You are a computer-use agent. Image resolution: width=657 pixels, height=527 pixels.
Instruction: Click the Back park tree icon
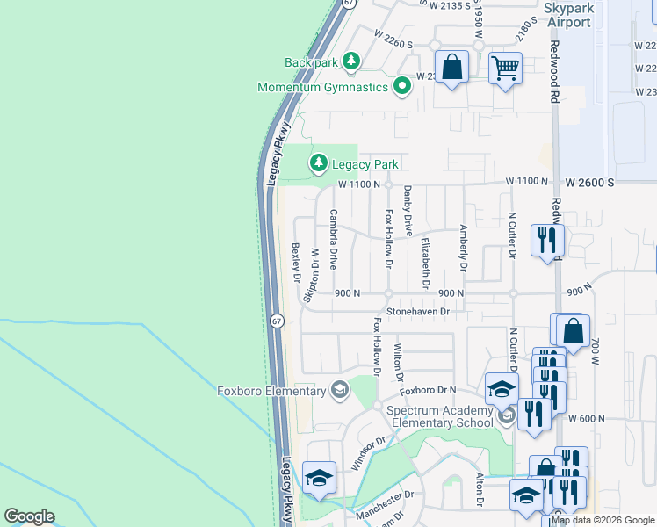[x=351, y=61]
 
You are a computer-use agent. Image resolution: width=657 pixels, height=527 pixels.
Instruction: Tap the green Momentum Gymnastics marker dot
[x=402, y=86]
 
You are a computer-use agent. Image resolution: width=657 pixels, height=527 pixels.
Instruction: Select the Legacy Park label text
[x=365, y=164]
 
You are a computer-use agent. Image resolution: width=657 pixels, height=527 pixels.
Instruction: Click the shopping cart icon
[x=505, y=67]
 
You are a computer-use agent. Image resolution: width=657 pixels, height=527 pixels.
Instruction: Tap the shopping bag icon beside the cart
[x=451, y=66]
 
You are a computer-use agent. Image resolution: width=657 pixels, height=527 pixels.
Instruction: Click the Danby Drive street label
[x=408, y=211]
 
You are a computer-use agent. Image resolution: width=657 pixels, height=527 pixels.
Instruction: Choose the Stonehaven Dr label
[x=418, y=311]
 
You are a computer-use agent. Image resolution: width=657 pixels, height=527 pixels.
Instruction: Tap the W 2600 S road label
[x=590, y=182]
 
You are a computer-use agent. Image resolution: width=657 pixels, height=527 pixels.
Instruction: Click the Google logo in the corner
[x=29, y=516]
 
